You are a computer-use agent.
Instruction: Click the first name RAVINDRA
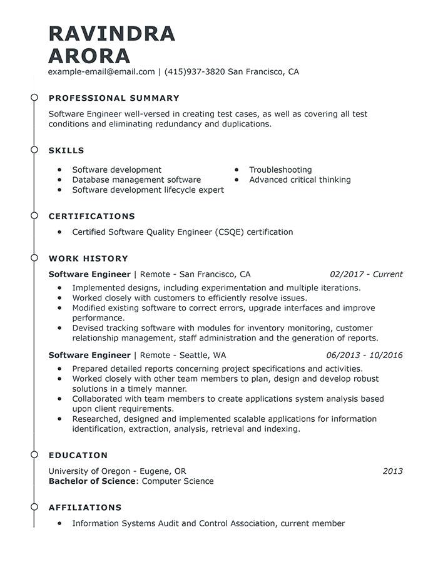point(112,33)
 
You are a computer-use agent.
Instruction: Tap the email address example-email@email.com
point(101,72)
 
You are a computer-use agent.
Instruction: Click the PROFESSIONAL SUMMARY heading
point(114,98)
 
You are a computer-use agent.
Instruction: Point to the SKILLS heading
point(66,151)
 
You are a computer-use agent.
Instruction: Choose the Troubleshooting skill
point(280,170)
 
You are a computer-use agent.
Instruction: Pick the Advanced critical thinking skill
point(300,180)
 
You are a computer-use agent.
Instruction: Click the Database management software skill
point(136,180)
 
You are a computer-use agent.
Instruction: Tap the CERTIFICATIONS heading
point(92,217)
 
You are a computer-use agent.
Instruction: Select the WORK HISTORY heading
point(88,258)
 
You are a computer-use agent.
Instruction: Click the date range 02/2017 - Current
point(366,274)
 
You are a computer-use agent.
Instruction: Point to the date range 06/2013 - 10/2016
point(364,355)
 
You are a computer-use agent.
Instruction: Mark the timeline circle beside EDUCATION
point(34,455)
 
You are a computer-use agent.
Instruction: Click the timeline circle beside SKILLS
point(34,150)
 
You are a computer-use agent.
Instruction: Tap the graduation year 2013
point(392,471)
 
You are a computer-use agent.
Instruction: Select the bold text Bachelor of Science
point(92,481)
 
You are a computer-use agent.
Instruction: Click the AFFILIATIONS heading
point(85,508)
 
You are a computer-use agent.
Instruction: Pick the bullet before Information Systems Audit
point(59,523)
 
